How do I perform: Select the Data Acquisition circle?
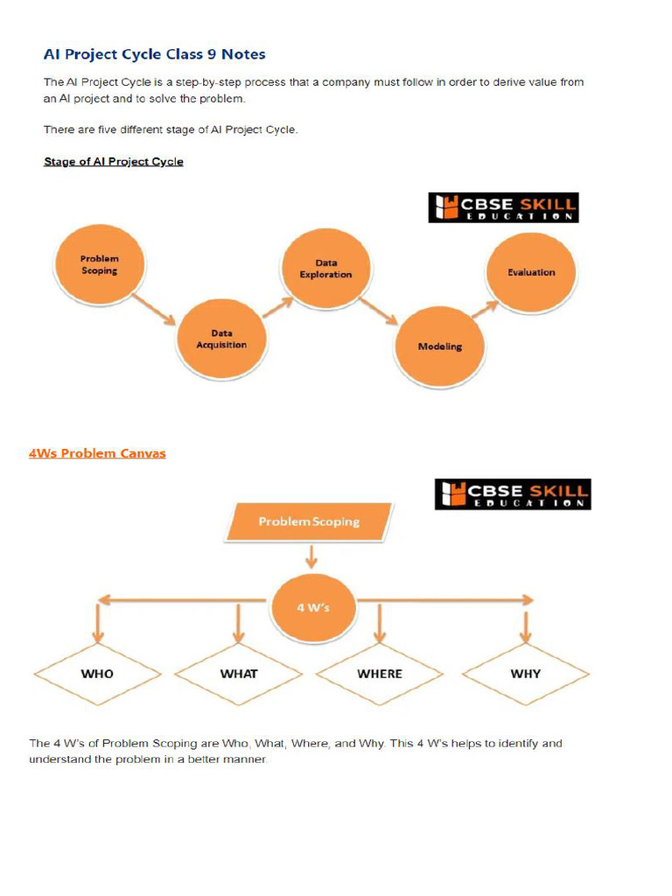click(220, 339)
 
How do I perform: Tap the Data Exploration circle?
click(325, 269)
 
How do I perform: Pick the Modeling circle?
click(439, 346)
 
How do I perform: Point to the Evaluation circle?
click(531, 272)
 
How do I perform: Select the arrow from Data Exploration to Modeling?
click(380, 310)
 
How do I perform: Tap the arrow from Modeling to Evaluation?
click(485, 307)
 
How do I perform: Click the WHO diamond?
click(97, 674)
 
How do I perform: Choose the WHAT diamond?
click(238, 674)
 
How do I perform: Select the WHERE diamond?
click(380, 674)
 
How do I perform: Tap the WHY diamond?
click(525, 674)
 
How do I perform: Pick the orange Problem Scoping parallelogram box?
click(308, 521)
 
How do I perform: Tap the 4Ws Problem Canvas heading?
click(97, 453)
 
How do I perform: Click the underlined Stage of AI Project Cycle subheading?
click(114, 162)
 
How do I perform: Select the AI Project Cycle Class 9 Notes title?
click(155, 54)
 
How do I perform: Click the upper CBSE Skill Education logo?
click(503, 207)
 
